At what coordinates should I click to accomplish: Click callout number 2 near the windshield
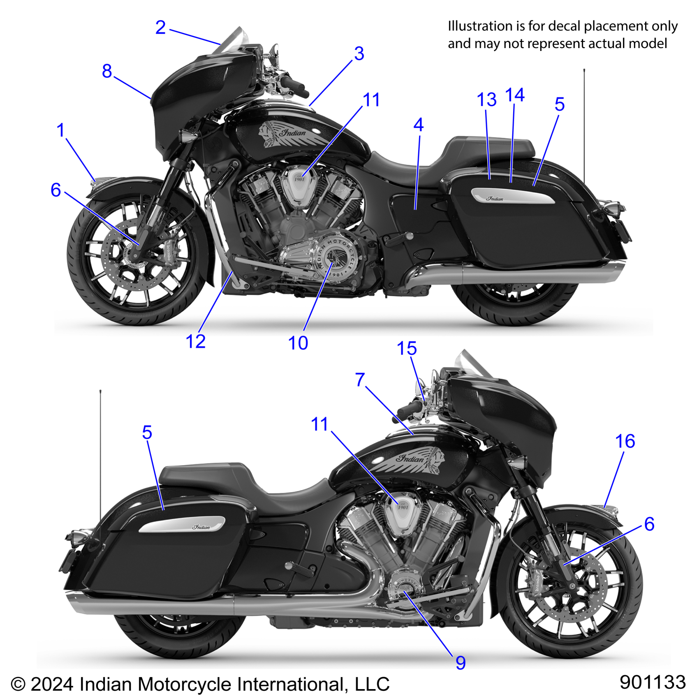160,28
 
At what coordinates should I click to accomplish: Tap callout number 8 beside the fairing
107,71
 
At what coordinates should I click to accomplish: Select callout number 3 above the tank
359,54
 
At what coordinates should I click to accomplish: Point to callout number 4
418,125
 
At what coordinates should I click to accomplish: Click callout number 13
486,100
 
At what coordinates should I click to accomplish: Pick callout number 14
514,95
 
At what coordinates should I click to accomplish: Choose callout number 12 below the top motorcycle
195,341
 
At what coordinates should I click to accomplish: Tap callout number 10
298,343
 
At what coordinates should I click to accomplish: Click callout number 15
407,349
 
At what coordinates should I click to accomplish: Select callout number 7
360,380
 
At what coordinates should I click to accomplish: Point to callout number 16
625,441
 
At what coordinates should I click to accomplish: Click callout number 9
461,663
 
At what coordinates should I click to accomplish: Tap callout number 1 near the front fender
61,130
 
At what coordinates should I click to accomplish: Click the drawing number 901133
653,682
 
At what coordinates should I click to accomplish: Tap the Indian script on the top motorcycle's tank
293,133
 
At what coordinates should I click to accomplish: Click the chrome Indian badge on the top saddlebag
512,196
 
